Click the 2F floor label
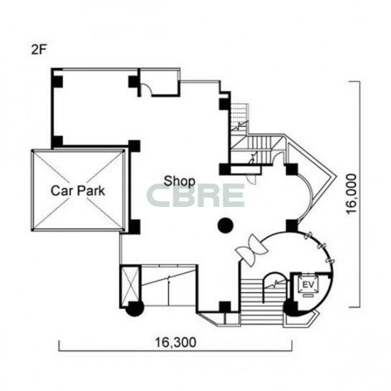pyautogui.click(x=39, y=50)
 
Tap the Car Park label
pyautogui.click(x=78, y=190)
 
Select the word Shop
pyautogui.click(x=179, y=181)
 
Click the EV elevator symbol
pyautogui.click(x=309, y=285)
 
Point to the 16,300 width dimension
pyautogui.click(x=175, y=342)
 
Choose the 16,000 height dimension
pyautogui.click(x=351, y=194)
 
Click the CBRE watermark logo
pyautogui.click(x=195, y=195)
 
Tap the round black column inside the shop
pyautogui.click(x=226, y=226)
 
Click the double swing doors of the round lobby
pyautogui.click(x=252, y=250)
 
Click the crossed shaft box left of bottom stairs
pyautogui.click(x=129, y=285)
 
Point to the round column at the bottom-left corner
pyautogui.click(x=134, y=308)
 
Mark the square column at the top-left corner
pyautogui.click(x=57, y=81)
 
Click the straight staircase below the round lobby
pyautogui.click(x=262, y=302)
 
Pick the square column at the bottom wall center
pyautogui.click(x=225, y=307)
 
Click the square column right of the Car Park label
pyautogui.click(x=134, y=227)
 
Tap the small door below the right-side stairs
pyautogui.click(x=252, y=179)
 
